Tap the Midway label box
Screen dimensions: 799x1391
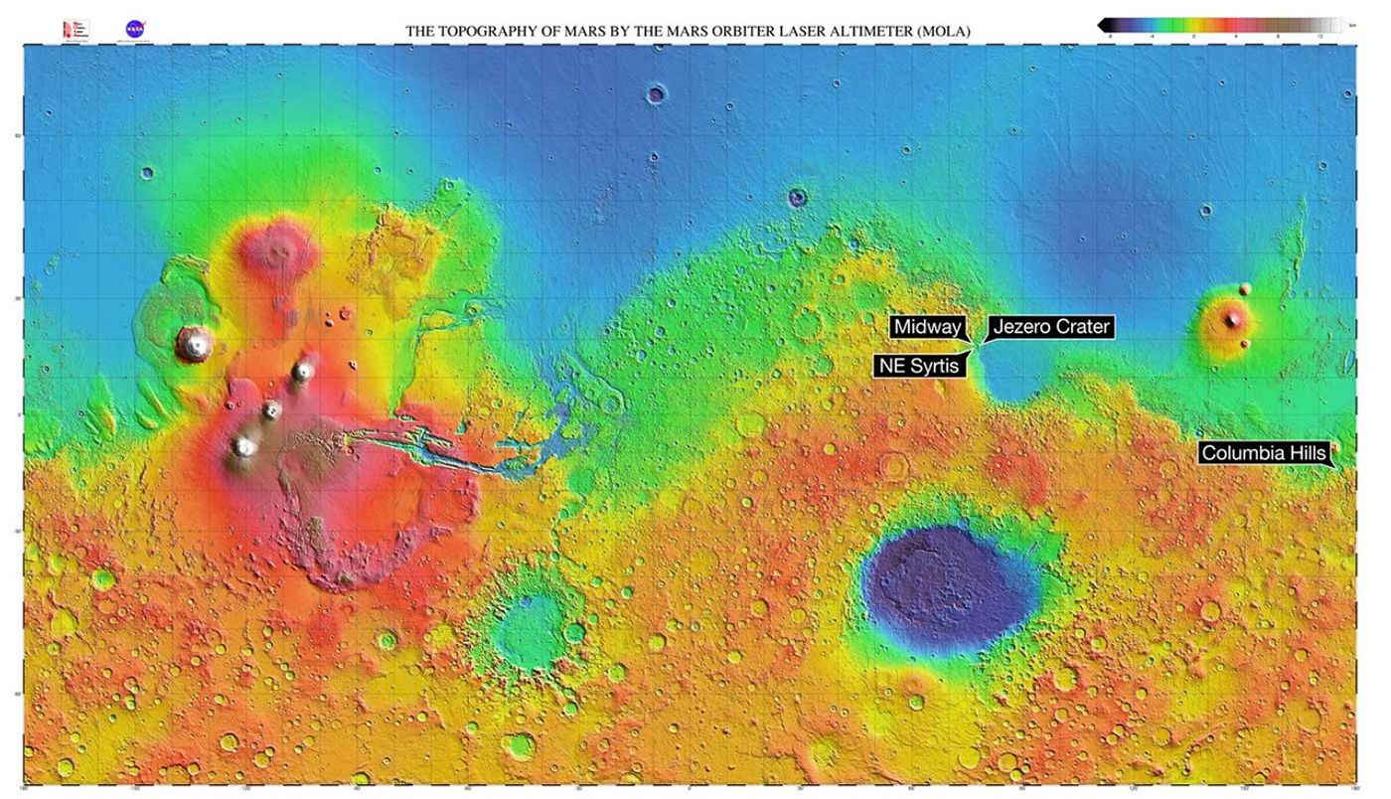pyautogui.click(x=928, y=327)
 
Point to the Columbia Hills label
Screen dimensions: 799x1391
pyautogui.click(x=1263, y=453)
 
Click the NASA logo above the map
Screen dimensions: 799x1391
pyautogui.click(x=134, y=29)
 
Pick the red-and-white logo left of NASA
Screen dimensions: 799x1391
pyautogui.click(x=76, y=29)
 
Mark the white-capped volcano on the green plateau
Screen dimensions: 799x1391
pyautogui.click(x=195, y=344)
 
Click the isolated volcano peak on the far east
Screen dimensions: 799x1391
pyautogui.click(x=1233, y=319)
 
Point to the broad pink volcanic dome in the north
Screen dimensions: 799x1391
pyautogui.click(x=279, y=247)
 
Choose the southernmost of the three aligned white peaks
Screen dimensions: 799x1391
pyautogui.click(x=243, y=447)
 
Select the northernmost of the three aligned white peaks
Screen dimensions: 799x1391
pyautogui.click(x=303, y=372)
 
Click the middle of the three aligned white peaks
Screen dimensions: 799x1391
pyautogui.click(x=271, y=409)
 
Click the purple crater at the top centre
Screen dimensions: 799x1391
pyautogui.click(x=656, y=95)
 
